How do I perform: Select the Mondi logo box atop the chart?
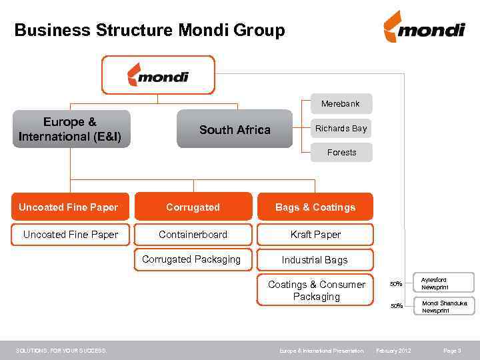[x=158, y=74]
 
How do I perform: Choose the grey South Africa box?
[x=235, y=129]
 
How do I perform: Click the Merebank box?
[x=340, y=104]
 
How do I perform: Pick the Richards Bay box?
[x=341, y=128]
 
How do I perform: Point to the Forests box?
[x=341, y=152]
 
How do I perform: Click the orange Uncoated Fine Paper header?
[x=68, y=207]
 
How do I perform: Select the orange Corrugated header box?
[x=193, y=207]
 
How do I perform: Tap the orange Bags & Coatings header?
[x=315, y=207]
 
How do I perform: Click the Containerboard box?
[x=193, y=235]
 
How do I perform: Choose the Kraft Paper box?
[x=315, y=235]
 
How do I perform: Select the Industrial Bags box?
[x=315, y=260]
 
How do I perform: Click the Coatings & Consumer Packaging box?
[x=316, y=291]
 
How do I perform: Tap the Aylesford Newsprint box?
[x=443, y=283]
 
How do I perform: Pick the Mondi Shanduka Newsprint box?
[x=443, y=306]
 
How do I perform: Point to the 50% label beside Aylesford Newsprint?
[x=396, y=284]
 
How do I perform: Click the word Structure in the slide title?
[x=136, y=31]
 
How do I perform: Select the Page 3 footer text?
[x=452, y=351]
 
